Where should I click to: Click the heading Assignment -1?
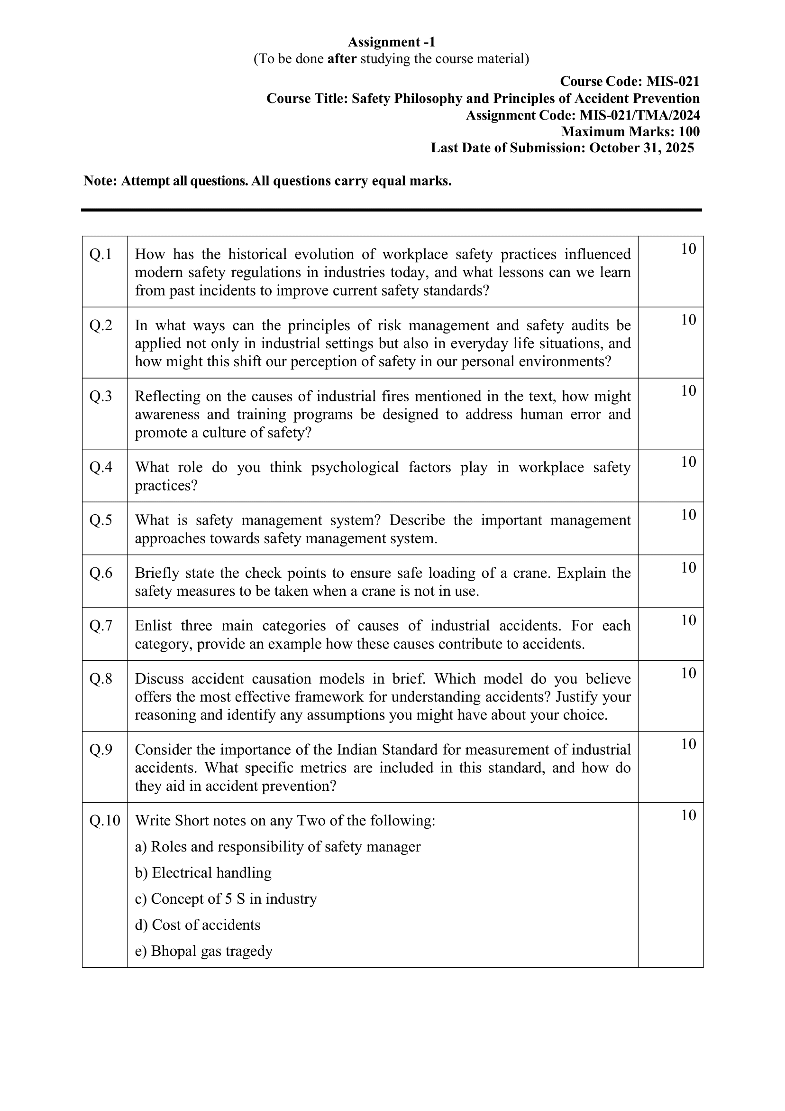tap(391, 42)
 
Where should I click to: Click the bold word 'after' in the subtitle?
tap(342, 59)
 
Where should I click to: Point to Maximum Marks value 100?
tap(689, 131)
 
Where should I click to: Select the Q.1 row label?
tap(100, 254)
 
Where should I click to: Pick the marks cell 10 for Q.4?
tap(688, 462)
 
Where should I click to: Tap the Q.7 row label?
tap(100, 626)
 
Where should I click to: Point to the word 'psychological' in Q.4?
tap(355, 467)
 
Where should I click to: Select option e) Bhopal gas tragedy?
tap(204, 951)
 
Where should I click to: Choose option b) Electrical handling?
tap(203, 872)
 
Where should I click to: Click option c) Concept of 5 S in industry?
tap(225, 898)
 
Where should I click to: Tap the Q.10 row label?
tap(104, 821)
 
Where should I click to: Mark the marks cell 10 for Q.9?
tap(688, 744)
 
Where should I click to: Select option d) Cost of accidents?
tap(197, 925)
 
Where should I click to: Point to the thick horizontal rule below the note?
tap(391, 210)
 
